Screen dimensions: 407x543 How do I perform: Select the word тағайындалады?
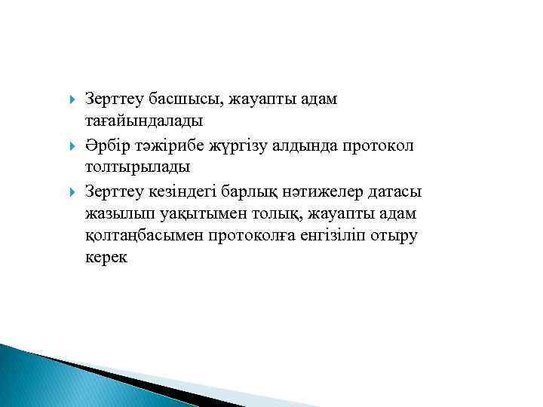pyautogui.click(x=143, y=121)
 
